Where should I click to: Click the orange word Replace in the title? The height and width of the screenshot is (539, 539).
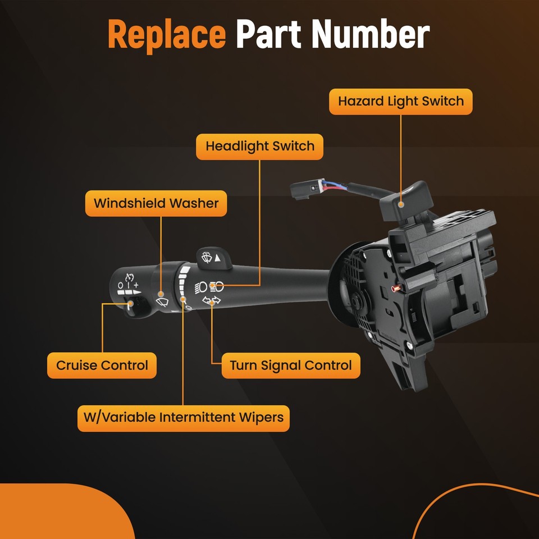[x=166, y=35]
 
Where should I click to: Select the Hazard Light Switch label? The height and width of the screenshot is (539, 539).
[x=400, y=102]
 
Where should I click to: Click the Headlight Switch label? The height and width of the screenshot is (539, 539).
[x=259, y=147]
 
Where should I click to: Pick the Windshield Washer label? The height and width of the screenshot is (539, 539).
[x=156, y=203]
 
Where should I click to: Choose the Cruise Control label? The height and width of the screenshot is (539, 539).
[x=102, y=366]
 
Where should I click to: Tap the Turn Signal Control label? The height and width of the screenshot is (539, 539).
[x=290, y=366]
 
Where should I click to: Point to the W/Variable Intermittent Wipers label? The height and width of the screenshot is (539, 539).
[x=183, y=418]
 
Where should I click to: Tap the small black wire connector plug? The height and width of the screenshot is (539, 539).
[x=303, y=191]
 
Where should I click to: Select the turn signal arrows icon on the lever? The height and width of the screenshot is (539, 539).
[x=211, y=302]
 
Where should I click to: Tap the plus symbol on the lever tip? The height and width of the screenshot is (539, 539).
[x=136, y=285]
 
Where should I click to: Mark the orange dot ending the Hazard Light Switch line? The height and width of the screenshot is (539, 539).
[x=400, y=205]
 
